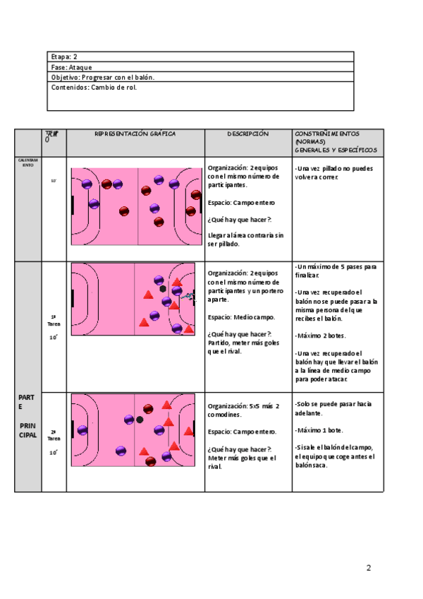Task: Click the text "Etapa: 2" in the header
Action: click(64, 57)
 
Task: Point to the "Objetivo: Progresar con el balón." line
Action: click(102, 77)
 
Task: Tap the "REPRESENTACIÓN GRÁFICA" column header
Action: click(135, 134)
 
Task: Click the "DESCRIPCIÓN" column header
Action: click(248, 134)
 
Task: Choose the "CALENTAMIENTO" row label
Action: click(28, 162)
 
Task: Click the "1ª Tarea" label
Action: click(53, 320)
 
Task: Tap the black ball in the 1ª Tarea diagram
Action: click(164, 288)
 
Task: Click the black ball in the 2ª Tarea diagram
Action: click(140, 420)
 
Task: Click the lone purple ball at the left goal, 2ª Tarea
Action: click(83, 430)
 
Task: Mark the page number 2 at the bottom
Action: click(368, 567)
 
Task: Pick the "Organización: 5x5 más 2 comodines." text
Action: click(244, 410)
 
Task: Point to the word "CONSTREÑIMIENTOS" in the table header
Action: click(327, 134)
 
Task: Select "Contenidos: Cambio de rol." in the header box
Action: click(94, 88)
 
